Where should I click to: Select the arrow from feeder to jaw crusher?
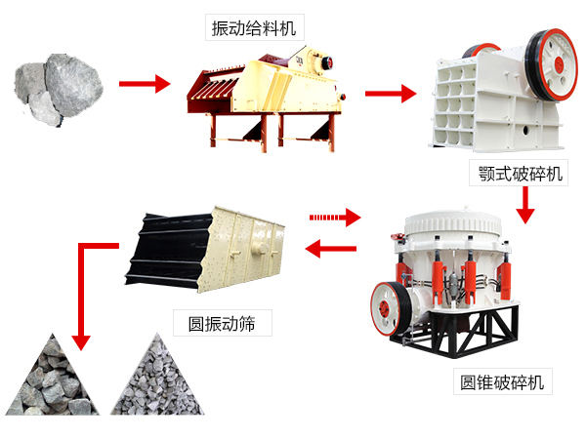[391, 94]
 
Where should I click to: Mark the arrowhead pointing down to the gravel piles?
[81, 340]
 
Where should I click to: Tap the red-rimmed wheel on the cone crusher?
[389, 306]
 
